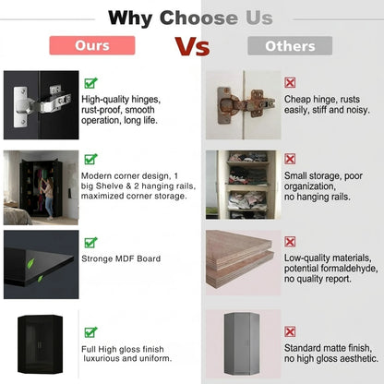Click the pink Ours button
[x=92, y=45]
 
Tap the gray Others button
[x=290, y=46]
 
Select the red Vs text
[x=193, y=47]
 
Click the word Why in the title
[x=130, y=18]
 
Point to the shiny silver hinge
[x=42, y=104]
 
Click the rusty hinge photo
[x=243, y=105]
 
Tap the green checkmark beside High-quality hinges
[x=90, y=83]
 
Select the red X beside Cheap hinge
[x=290, y=82]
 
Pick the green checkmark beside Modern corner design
[x=90, y=159]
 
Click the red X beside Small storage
[x=290, y=159]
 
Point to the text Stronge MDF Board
[x=121, y=258]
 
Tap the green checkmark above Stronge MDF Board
[x=90, y=243]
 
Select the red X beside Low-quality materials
[x=290, y=242]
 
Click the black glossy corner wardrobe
[x=41, y=343]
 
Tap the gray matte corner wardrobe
[x=242, y=343]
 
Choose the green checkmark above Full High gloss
[x=90, y=332]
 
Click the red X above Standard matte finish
[x=290, y=331]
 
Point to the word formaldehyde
[x=349, y=269]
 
